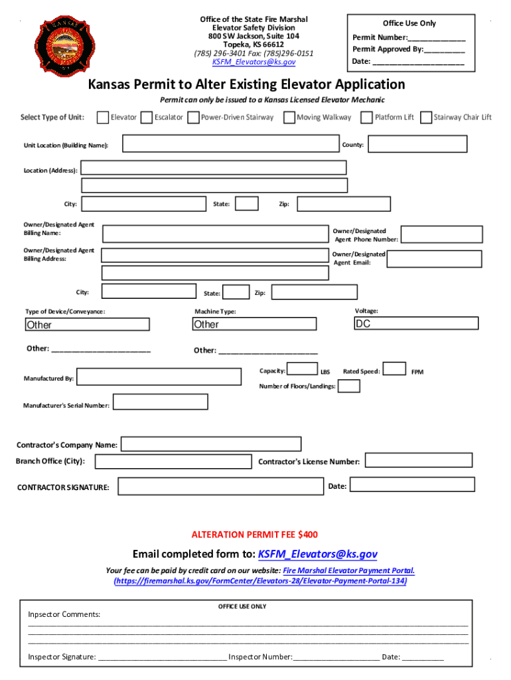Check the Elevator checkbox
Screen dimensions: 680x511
coord(103,118)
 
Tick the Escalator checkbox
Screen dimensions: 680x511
coord(147,118)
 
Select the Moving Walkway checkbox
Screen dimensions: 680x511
coord(289,118)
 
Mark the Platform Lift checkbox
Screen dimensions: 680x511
coord(366,118)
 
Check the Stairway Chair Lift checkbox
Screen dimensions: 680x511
coord(426,118)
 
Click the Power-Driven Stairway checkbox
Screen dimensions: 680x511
coord(192,118)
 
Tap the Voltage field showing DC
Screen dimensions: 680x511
coord(416,323)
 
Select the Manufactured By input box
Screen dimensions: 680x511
coord(159,377)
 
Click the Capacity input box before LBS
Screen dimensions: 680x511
coord(303,369)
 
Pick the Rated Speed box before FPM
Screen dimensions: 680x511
coord(395,369)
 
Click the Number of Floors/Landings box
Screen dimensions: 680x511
coord(349,386)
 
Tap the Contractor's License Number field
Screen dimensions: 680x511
coord(419,460)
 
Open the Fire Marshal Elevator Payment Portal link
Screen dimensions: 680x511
coord(349,570)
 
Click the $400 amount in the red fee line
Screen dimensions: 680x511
coord(308,534)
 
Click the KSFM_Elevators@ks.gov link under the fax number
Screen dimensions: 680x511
coord(254,62)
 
